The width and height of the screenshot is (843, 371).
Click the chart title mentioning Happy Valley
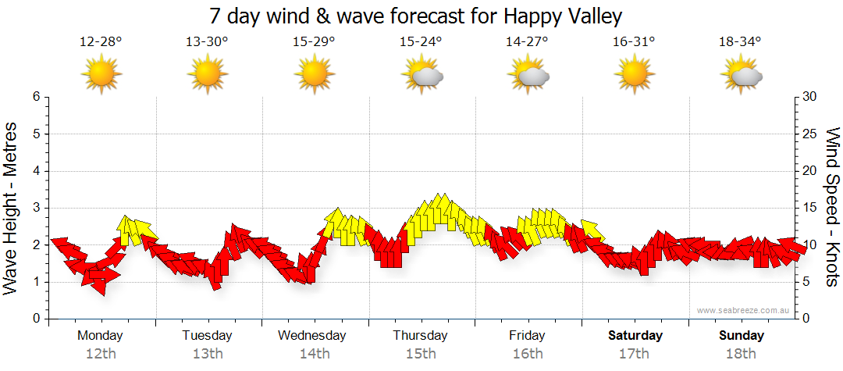pyautogui.click(x=416, y=16)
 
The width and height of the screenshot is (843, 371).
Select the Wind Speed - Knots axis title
pyautogui.click(x=832, y=207)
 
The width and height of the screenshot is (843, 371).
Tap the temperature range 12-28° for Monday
pyautogui.click(x=101, y=42)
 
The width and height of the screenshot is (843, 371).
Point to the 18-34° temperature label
pyautogui.click(x=740, y=42)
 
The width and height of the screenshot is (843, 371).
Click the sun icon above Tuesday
pyautogui.click(x=207, y=74)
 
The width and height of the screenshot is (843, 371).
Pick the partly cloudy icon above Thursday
pyautogui.click(x=421, y=74)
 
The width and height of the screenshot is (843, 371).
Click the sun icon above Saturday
pyautogui.click(x=634, y=74)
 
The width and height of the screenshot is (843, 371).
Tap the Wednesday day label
pyautogui.click(x=312, y=336)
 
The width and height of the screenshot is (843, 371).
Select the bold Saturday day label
pyautogui.click(x=635, y=336)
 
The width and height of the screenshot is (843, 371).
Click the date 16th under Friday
pyautogui.click(x=528, y=354)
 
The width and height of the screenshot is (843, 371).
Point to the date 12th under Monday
pyautogui.click(x=101, y=354)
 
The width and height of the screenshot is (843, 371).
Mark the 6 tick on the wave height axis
pyautogui.click(x=35, y=97)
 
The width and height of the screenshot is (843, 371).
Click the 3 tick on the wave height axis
pyautogui.click(x=35, y=208)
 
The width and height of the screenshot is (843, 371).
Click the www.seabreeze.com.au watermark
pyautogui.click(x=744, y=310)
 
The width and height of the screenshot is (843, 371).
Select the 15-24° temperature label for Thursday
pyautogui.click(x=421, y=42)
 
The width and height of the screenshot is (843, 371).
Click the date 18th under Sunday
pyautogui.click(x=742, y=354)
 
